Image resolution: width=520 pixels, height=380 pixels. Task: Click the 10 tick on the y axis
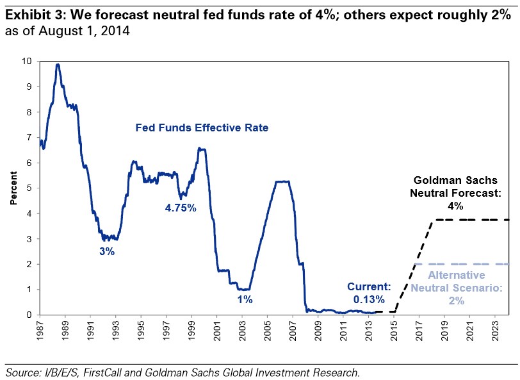point(26,61)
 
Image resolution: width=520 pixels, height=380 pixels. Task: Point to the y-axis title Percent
point(13,188)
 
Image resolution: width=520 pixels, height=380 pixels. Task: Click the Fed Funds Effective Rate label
point(201,128)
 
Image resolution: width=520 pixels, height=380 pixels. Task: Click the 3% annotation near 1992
point(107,252)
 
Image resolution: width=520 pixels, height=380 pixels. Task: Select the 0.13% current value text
point(368,299)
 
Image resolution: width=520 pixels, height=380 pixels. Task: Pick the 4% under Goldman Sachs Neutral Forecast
point(455,206)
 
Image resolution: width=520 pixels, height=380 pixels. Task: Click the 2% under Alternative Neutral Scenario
point(455,299)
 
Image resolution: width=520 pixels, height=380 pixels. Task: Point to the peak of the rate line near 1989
point(58,64)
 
